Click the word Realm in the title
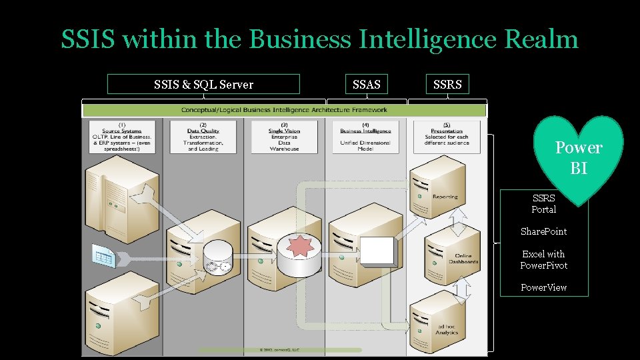[x=541, y=39]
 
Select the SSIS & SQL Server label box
[x=203, y=84]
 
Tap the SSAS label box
[x=366, y=84]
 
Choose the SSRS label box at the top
[x=447, y=84]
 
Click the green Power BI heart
[x=578, y=157]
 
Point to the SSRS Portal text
[x=543, y=203]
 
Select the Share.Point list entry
[x=543, y=231]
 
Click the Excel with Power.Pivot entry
[x=543, y=259]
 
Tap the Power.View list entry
[x=543, y=287]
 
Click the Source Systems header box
[x=122, y=136]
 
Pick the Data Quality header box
[x=203, y=136]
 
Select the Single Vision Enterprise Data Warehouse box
[x=284, y=136]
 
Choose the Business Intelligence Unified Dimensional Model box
[x=365, y=136]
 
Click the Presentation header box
[x=447, y=136]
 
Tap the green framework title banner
[x=285, y=110]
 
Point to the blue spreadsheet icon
[x=104, y=254]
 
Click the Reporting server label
[x=445, y=197]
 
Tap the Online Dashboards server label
[x=463, y=259]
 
